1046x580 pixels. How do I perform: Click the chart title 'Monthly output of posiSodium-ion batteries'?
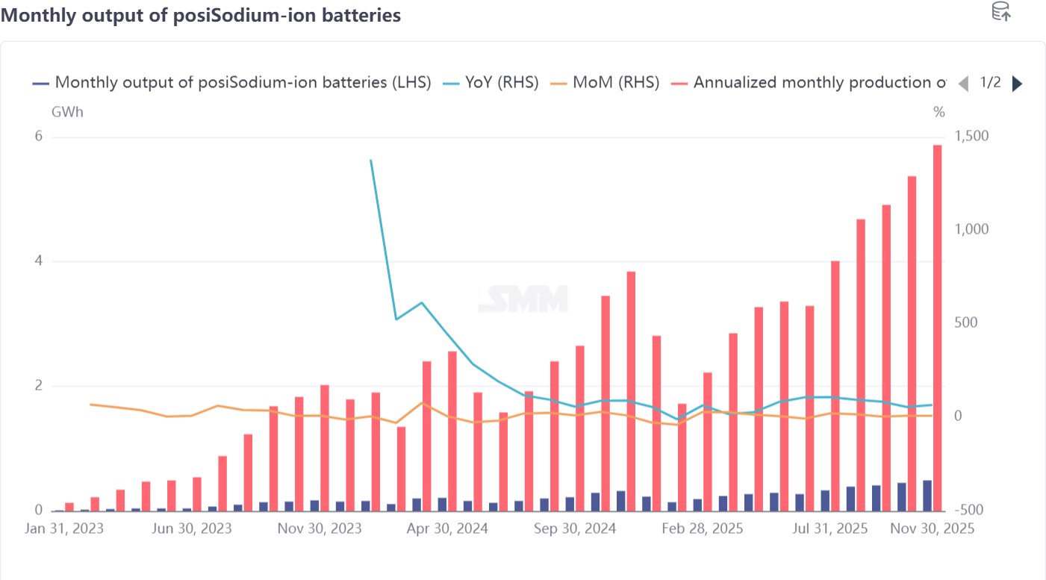pos(201,15)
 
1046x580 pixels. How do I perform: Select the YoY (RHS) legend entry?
pos(491,83)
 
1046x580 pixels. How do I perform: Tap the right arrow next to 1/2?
pos(1017,84)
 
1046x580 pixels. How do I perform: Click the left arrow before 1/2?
pos(963,84)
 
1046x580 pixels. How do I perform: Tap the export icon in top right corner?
pos(1000,11)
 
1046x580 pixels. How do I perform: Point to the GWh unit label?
pos(67,113)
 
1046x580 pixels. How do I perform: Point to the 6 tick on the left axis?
pos(39,137)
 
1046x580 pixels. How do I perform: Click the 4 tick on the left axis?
pos(39,261)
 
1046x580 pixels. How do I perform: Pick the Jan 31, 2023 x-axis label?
pos(63,528)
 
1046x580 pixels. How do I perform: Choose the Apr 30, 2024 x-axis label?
pos(448,528)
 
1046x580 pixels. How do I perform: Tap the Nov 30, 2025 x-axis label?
pos(933,528)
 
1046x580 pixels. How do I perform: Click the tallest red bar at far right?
pos(937,328)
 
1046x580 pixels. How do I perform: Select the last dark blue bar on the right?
pos(927,496)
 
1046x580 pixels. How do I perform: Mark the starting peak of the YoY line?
pos(371,160)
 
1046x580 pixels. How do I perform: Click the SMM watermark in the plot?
pos(523,299)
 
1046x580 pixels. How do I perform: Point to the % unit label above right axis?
pos(938,113)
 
